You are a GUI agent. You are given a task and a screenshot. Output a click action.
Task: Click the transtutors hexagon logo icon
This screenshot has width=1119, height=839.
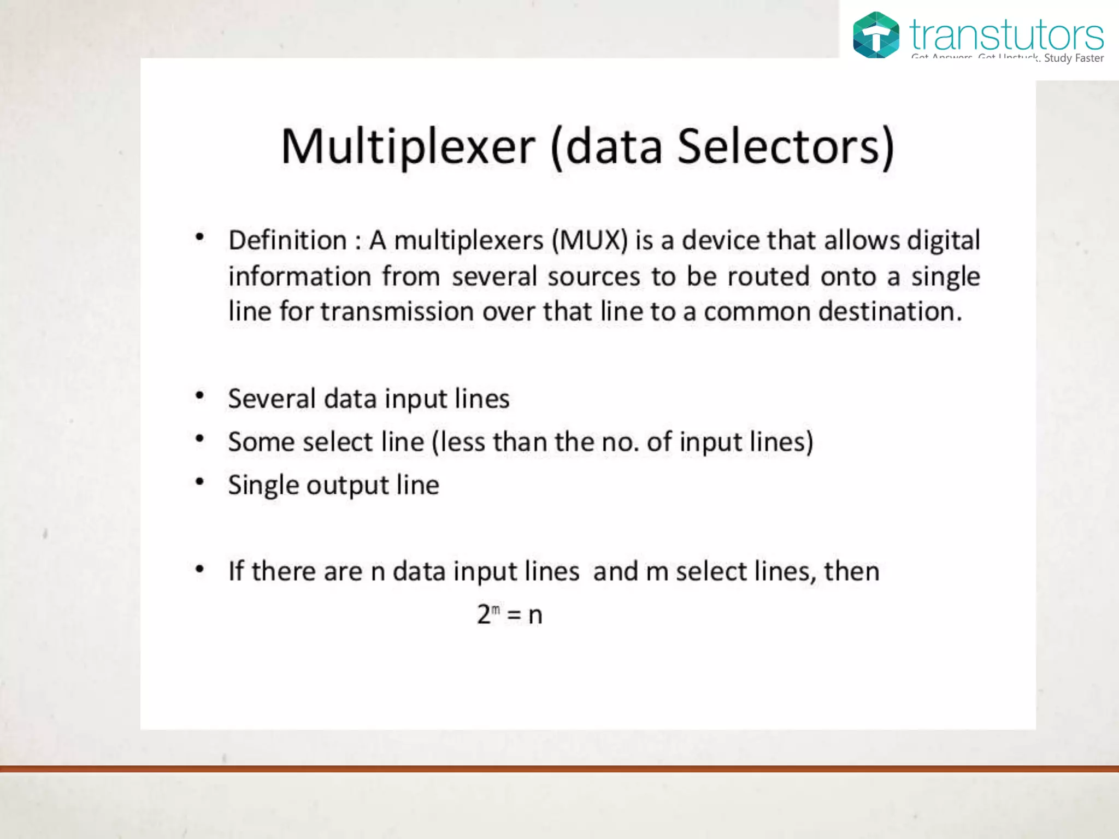[876, 35]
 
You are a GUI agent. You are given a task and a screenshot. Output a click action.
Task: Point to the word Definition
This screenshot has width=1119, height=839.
[287, 240]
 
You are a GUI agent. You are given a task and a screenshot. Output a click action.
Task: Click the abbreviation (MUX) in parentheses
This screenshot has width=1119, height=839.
[590, 240]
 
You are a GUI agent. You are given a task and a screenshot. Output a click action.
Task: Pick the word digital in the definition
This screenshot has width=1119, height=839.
[943, 240]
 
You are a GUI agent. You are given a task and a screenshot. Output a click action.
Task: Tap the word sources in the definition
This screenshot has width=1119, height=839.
[593, 276]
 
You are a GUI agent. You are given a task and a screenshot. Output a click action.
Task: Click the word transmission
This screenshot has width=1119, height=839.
[397, 312]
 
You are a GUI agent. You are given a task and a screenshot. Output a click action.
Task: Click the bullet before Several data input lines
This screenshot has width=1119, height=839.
[200, 395]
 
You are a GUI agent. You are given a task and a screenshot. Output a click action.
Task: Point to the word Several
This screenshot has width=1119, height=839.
[272, 399]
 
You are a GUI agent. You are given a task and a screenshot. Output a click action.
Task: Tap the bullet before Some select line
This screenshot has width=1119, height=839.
[200, 439]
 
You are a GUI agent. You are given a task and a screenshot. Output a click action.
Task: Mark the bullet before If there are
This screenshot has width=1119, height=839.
[200, 569]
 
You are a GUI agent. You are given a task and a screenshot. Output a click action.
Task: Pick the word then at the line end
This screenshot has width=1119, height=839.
[851, 571]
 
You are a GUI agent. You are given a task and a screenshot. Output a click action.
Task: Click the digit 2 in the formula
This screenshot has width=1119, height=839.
[484, 615]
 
